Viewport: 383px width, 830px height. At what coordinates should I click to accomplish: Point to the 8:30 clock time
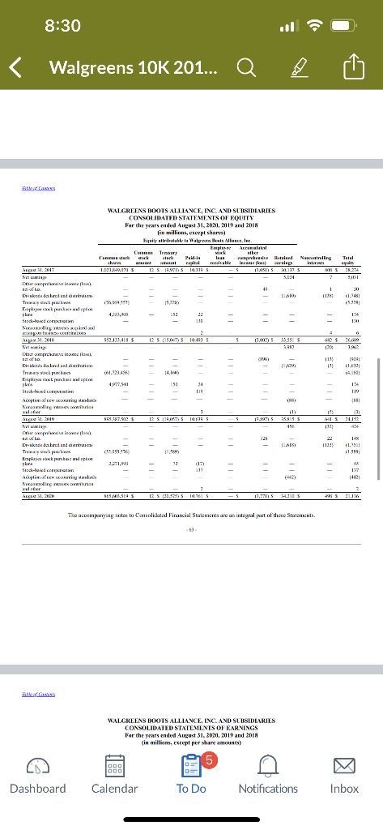(x=62, y=25)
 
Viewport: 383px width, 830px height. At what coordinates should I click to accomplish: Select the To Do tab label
(x=191, y=787)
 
